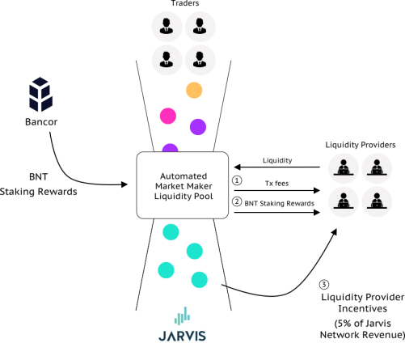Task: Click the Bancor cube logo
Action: (x=40, y=95)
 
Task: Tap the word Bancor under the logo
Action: (x=41, y=122)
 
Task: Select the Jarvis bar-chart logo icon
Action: (x=182, y=316)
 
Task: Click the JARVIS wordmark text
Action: (x=182, y=336)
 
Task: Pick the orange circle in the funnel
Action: (x=194, y=90)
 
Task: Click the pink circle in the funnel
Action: (x=168, y=116)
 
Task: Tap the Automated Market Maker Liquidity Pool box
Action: (x=183, y=185)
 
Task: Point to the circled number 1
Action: (x=237, y=180)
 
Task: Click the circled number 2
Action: (x=237, y=201)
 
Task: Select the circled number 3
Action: (x=324, y=285)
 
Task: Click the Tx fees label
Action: (x=276, y=184)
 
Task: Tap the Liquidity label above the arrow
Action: (x=277, y=160)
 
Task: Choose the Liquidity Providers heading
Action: (x=361, y=145)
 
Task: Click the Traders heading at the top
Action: (x=185, y=3)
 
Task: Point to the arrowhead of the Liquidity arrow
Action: (x=237, y=167)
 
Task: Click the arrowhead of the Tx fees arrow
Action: (x=317, y=190)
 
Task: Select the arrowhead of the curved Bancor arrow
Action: (x=124, y=184)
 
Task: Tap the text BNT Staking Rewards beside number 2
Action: (x=279, y=203)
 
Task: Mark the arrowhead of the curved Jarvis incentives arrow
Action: (x=335, y=231)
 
